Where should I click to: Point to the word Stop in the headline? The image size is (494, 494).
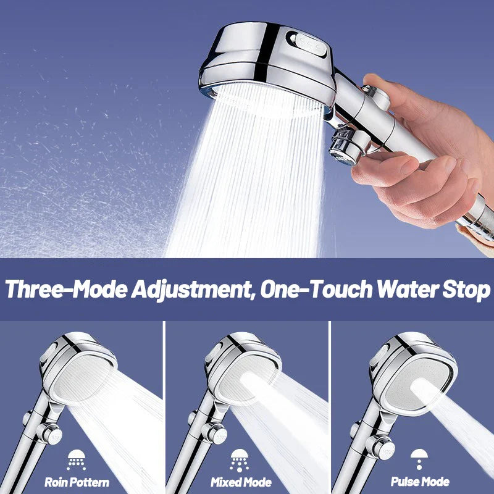click(466, 290)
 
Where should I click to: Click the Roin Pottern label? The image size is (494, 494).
click(77, 482)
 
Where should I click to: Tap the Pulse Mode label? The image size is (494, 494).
click(421, 482)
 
